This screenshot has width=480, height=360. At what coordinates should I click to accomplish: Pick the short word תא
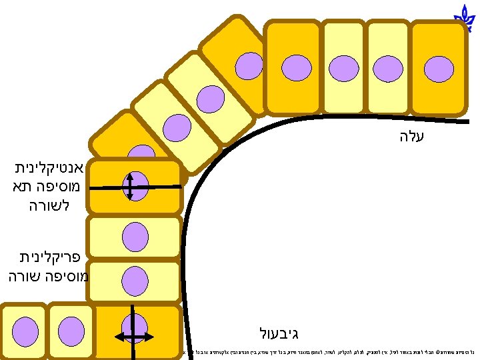(x=22, y=187)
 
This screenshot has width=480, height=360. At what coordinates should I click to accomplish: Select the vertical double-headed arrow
(x=131, y=187)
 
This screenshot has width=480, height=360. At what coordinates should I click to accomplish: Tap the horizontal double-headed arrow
(x=135, y=336)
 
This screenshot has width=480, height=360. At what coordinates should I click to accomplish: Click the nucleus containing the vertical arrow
(x=136, y=187)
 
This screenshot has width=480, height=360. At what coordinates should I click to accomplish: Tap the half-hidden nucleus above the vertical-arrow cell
(x=141, y=153)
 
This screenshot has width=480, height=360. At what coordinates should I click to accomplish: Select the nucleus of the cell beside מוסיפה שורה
(x=135, y=281)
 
